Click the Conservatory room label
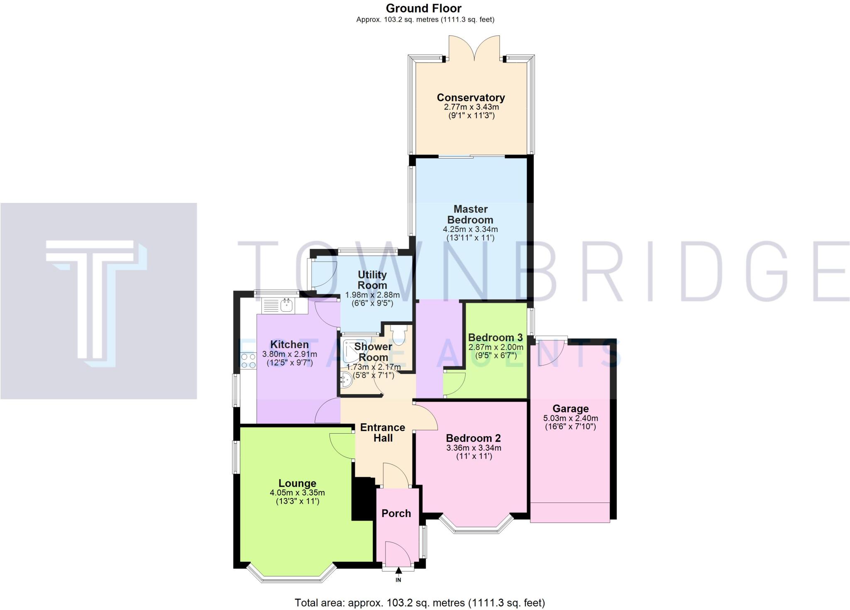tap(471, 98)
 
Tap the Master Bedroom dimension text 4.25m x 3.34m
tap(470, 229)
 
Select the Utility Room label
tap(372, 280)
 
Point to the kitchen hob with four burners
tap(248, 361)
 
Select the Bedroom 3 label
tap(495, 337)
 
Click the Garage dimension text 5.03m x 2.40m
tap(570, 418)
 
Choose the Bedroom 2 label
tap(473, 438)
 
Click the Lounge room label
tap(297, 483)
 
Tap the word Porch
tap(396, 513)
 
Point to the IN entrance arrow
tap(398, 572)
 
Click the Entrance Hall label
tap(383, 432)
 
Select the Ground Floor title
tap(423, 8)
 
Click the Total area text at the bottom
tap(420, 602)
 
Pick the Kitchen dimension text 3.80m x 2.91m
tap(289, 354)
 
